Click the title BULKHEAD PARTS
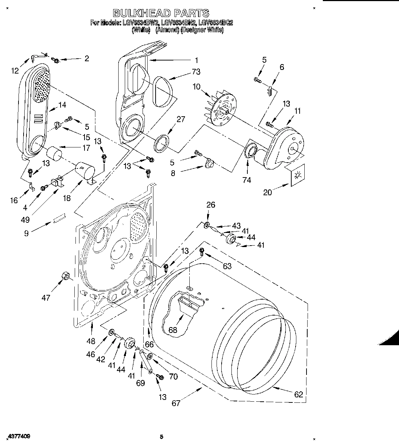161,13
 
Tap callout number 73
196,72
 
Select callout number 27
181,120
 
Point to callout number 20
267,192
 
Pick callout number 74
247,180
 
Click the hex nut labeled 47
66,276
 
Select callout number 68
173,330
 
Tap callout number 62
298,394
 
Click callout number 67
176,403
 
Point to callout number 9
26,234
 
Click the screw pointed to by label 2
56,60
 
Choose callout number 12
15,71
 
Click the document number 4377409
15,437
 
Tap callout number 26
211,205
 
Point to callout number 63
227,267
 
